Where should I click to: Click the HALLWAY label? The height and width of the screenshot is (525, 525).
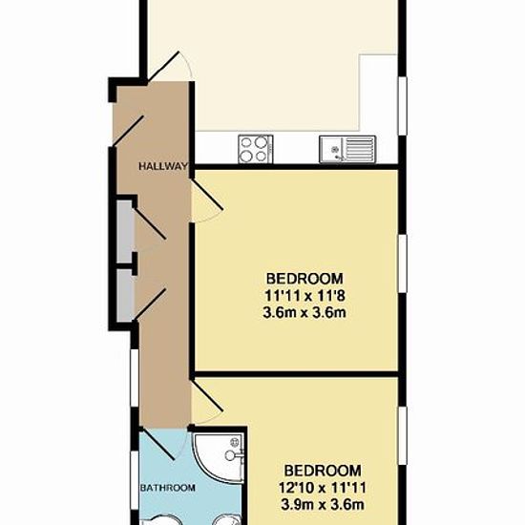pos(163,166)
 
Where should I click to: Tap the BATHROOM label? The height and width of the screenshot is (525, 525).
pos(168,488)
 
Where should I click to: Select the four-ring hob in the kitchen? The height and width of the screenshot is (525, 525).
pos(256,149)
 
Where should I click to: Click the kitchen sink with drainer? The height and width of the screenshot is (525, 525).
pos(347,149)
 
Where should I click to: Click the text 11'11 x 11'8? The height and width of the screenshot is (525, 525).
pos(304,296)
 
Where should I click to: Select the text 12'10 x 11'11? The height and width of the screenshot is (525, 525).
pos(322,488)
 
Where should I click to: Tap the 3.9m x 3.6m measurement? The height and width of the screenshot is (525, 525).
pos(322,505)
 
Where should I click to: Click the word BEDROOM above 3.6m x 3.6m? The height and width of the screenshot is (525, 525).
pos(304,279)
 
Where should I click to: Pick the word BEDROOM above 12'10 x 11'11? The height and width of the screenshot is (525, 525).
pos(323,471)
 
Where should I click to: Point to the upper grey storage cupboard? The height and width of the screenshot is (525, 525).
pos(124,231)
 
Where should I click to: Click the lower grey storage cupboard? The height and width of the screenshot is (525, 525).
pos(124,296)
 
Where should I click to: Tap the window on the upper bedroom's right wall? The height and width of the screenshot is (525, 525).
pos(403,263)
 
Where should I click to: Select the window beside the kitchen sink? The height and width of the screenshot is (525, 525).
pos(403,106)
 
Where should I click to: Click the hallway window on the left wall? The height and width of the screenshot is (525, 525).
pos(135,378)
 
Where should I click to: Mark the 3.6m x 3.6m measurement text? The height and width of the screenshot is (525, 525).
pos(304,313)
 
